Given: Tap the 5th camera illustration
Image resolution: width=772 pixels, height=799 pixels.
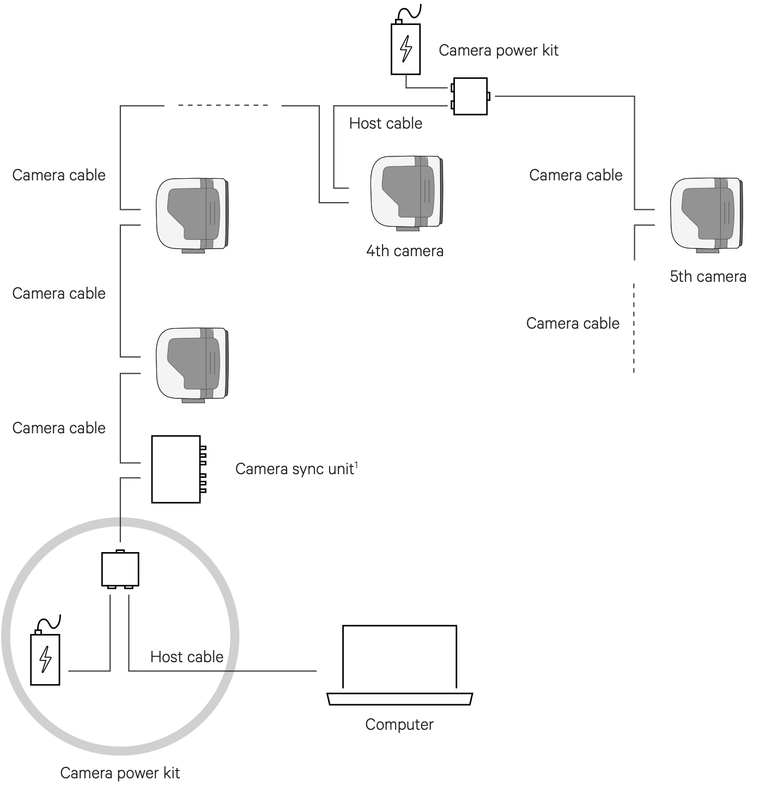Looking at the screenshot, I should pyautogui.click(x=706, y=215).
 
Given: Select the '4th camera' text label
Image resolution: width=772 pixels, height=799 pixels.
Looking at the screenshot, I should pyautogui.click(x=404, y=251).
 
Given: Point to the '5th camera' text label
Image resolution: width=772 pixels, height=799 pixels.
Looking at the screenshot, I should pyautogui.click(x=707, y=277).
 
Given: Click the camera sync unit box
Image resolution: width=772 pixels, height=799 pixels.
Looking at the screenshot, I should pyautogui.click(x=176, y=469).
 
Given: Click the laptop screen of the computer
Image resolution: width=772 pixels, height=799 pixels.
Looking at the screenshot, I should pyautogui.click(x=399, y=657).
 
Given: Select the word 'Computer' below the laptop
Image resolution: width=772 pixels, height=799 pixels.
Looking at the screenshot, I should pyautogui.click(x=399, y=725).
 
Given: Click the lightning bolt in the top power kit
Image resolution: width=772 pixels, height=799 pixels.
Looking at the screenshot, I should pyautogui.click(x=406, y=49).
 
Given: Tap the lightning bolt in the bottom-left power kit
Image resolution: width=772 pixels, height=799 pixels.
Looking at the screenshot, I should pyautogui.click(x=45, y=659).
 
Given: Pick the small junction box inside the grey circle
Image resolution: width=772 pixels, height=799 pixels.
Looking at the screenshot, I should pyautogui.click(x=120, y=570).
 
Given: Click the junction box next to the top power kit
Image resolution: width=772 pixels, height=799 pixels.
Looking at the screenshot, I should pyautogui.click(x=470, y=96).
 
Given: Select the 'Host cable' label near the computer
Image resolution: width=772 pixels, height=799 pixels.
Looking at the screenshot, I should pyautogui.click(x=187, y=657).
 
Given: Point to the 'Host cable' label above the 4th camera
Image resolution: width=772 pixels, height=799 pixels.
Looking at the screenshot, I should pyautogui.click(x=385, y=124).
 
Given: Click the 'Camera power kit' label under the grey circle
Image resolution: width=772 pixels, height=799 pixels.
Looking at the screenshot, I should pyautogui.click(x=120, y=773).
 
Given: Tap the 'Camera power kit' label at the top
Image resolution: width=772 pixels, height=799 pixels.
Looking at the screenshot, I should pyautogui.click(x=498, y=51).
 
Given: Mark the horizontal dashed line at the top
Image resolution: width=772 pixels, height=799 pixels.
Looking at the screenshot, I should pyautogui.click(x=223, y=105).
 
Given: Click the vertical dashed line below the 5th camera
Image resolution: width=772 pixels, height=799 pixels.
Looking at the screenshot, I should pyautogui.click(x=634, y=327).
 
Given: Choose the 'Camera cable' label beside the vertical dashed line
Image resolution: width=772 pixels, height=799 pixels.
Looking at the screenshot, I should pyautogui.click(x=573, y=324).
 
